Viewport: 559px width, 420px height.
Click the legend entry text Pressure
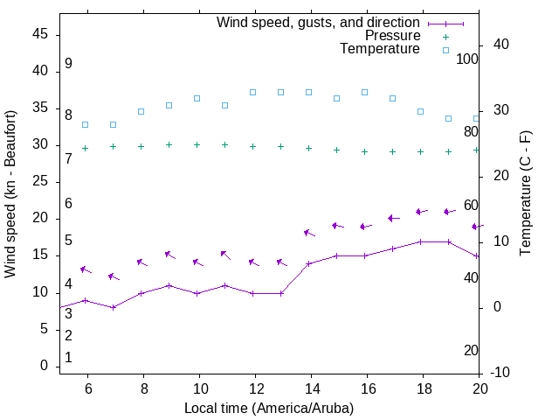click(x=393, y=36)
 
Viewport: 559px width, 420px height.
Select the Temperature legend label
click(x=380, y=49)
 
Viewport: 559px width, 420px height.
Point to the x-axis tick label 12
click(x=255, y=388)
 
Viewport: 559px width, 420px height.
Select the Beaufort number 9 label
click(x=68, y=64)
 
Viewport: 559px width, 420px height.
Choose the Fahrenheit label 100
click(x=467, y=59)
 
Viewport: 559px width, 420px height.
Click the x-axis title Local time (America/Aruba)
click(x=269, y=408)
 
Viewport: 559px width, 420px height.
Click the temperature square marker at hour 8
click(x=141, y=111)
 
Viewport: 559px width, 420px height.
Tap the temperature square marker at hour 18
click(x=420, y=111)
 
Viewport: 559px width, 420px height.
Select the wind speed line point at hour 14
click(x=308, y=263)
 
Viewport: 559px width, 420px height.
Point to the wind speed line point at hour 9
click(x=169, y=285)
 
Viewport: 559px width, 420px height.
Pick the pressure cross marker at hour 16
click(x=364, y=151)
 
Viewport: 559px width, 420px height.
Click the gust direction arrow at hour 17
click(x=393, y=218)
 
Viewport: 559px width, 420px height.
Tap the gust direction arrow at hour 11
click(x=225, y=255)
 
